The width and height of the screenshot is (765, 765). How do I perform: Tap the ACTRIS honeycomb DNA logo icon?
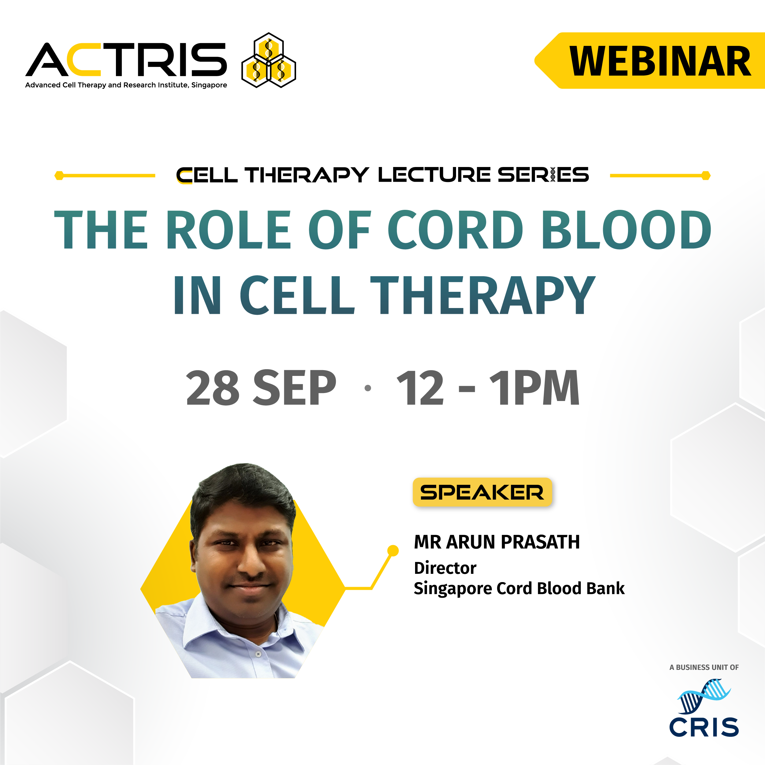269,60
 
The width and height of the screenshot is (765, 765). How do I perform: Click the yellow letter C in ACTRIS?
84,59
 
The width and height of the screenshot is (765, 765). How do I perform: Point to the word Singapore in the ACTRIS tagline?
209,85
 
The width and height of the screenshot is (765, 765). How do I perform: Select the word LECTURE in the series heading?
434,175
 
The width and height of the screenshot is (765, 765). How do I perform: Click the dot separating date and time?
368,388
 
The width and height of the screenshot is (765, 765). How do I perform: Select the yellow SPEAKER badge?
482,492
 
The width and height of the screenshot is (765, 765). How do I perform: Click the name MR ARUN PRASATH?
497,542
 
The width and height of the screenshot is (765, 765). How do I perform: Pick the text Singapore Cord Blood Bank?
519,589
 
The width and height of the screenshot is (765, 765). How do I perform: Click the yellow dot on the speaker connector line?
393,550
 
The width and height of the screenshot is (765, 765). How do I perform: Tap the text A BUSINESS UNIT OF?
704,667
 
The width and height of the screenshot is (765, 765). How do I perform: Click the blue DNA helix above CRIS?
704,695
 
